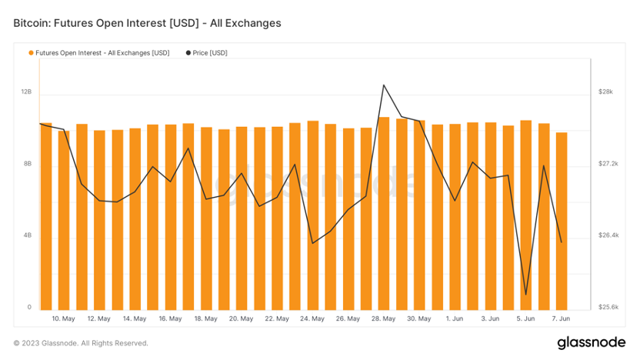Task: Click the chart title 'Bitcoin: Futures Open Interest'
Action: (147, 23)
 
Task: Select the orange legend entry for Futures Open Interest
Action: (98, 53)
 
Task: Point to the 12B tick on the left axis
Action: (26, 92)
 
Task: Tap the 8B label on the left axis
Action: (26, 164)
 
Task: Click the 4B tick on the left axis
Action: (26, 235)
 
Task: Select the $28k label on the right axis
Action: (605, 92)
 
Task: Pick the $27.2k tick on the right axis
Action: (608, 164)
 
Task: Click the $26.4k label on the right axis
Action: (608, 235)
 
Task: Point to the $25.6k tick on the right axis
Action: (608, 307)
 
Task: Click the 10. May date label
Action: (63, 318)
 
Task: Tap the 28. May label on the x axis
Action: (383, 318)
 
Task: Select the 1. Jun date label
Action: (455, 318)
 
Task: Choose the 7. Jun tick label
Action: (562, 318)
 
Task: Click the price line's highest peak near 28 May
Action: (383, 85)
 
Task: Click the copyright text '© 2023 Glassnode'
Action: (81, 343)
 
